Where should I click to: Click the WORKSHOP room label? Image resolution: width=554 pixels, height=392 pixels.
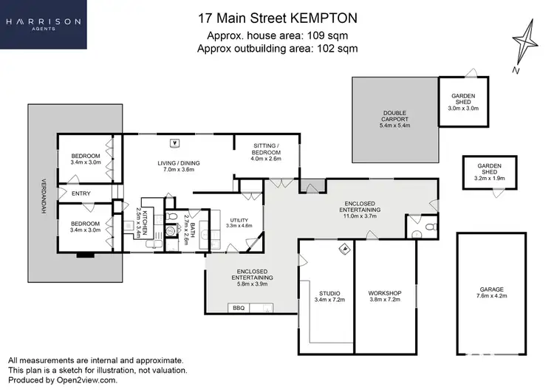[x=384, y=296]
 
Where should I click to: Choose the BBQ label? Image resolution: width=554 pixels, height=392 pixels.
[x=238, y=307]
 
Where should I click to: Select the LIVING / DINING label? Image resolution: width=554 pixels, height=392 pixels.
[x=179, y=167]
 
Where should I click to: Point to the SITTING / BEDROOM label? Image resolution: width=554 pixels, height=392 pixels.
[x=267, y=152]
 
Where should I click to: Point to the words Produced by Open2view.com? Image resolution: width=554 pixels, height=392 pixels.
[x=63, y=380]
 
